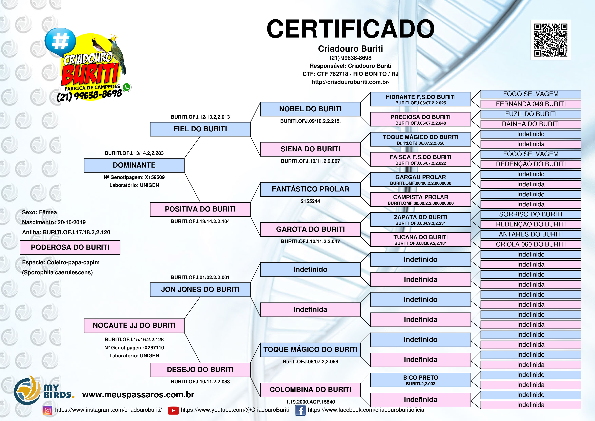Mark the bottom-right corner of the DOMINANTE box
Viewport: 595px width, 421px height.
tap(184, 172)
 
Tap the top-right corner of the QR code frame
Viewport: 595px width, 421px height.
tap(571, 20)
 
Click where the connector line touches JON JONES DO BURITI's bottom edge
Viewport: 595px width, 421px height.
tap(200, 297)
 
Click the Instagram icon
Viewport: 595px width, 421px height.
tap(47, 410)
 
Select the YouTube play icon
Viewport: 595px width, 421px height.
tap(173, 410)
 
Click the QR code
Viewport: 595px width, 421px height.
tap(551, 40)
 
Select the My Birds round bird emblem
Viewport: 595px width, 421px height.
tap(27, 390)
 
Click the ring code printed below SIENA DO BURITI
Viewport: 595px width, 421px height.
tap(310, 161)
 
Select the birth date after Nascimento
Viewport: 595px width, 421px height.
tap(72, 222)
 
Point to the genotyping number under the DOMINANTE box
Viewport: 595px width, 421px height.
tap(134, 177)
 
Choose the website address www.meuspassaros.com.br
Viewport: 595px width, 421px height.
tap(138, 395)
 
